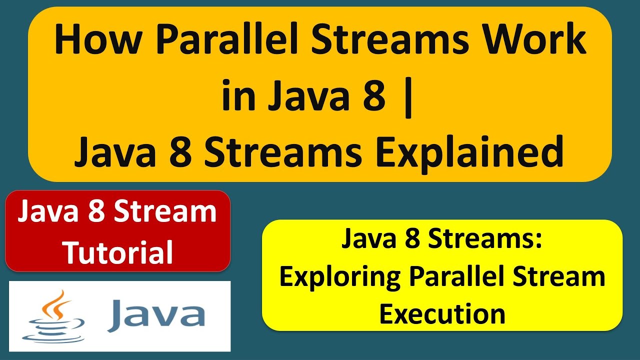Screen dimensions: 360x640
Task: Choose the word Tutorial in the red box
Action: pyautogui.click(x=118, y=252)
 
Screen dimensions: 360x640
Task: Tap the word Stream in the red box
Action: pyautogui.click(x=167, y=212)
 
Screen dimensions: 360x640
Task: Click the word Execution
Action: pyautogui.click(x=442, y=313)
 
